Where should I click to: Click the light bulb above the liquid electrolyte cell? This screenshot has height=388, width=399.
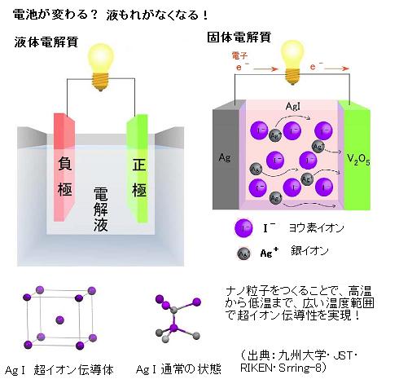(x=101, y=67)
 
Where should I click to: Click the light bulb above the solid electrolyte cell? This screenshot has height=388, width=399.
(x=292, y=62)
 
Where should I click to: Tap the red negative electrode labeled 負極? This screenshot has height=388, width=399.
(x=64, y=167)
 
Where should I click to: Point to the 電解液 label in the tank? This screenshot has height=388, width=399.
(x=101, y=209)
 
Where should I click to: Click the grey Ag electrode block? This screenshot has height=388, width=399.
(x=226, y=155)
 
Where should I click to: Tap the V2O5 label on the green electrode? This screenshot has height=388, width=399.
(x=358, y=160)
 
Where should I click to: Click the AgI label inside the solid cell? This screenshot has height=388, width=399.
(x=293, y=106)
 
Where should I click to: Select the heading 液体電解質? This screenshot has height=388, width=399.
(x=46, y=42)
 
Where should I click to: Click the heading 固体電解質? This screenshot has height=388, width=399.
(x=239, y=37)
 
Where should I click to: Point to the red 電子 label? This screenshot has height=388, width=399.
(x=239, y=56)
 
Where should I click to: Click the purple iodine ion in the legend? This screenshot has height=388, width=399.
(x=243, y=227)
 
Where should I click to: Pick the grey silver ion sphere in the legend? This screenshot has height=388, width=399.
(x=243, y=254)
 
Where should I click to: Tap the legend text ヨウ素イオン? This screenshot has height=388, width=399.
(x=317, y=227)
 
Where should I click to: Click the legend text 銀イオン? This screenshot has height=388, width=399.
(x=309, y=250)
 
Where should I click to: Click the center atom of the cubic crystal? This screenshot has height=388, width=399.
(x=59, y=320)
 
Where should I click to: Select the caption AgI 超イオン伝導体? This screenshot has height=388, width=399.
(x=59, y=370)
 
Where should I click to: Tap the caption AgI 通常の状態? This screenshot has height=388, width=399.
(x=178, y=369)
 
